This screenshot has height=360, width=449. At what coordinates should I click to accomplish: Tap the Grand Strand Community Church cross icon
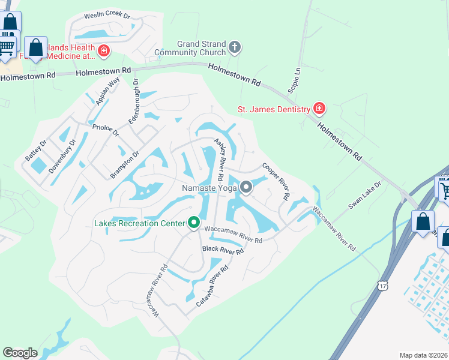pos(235,46)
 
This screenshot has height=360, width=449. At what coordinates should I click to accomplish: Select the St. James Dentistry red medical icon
pos(319,109)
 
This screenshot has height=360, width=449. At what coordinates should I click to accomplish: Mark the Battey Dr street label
pos(35,150)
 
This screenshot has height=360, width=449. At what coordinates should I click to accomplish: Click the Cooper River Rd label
pos(276,181)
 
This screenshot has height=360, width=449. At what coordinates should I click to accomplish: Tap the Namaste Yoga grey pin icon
pos(246,188)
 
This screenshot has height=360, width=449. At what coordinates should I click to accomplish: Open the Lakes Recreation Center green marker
pos(194,223)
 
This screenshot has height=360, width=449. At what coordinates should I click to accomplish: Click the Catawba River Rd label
pos(212,287)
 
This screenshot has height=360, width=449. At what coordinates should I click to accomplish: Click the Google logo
pos(20,353)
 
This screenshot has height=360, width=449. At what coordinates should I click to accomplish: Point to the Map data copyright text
pos(424,355)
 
